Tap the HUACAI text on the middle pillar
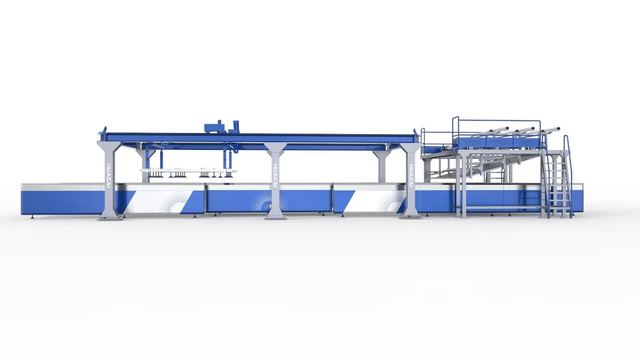pos(275,176)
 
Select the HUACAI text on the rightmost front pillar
pos(411,176)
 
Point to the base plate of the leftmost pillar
pos(109,217)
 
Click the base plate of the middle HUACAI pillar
pos(275,217)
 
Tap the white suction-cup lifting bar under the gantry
pos(187,172)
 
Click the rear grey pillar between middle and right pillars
pos(382,166)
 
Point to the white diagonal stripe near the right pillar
pos(375,199)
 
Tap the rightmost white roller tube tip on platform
pos(557,129)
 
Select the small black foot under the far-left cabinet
pos(27,216)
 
